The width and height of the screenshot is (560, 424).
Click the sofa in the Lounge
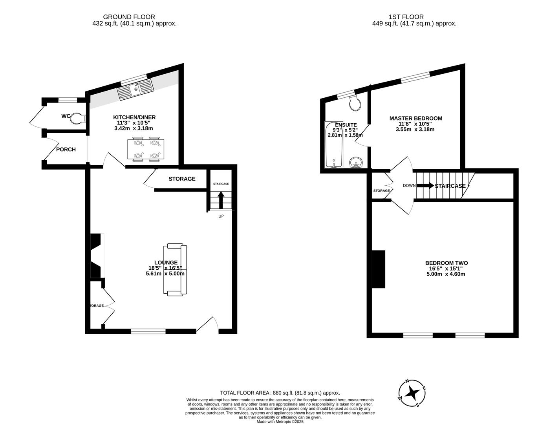point(176,269)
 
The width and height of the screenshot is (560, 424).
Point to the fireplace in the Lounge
point(97,256)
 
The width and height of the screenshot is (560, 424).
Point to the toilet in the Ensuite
point(355,103)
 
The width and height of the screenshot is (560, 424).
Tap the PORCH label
point(66,149)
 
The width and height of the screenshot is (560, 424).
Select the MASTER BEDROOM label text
point(415,118)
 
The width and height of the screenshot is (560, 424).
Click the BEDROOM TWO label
point(446,263)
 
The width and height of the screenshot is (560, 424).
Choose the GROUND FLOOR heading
point(129,17)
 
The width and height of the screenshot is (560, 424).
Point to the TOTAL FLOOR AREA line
point(280,393)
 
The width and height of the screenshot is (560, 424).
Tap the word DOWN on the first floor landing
point(409,186)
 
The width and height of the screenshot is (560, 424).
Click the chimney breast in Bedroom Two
point(379,269)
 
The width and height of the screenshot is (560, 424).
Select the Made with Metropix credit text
point(280,422)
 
